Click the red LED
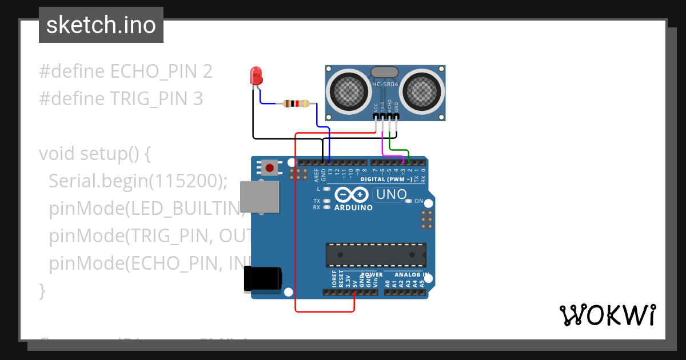256,75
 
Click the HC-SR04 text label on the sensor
385,85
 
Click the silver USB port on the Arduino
259,197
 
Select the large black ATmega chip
376,255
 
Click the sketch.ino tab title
101,25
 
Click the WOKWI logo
607,315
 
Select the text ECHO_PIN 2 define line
126,71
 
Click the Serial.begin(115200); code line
138,181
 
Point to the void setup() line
94,154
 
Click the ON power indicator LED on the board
408,201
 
